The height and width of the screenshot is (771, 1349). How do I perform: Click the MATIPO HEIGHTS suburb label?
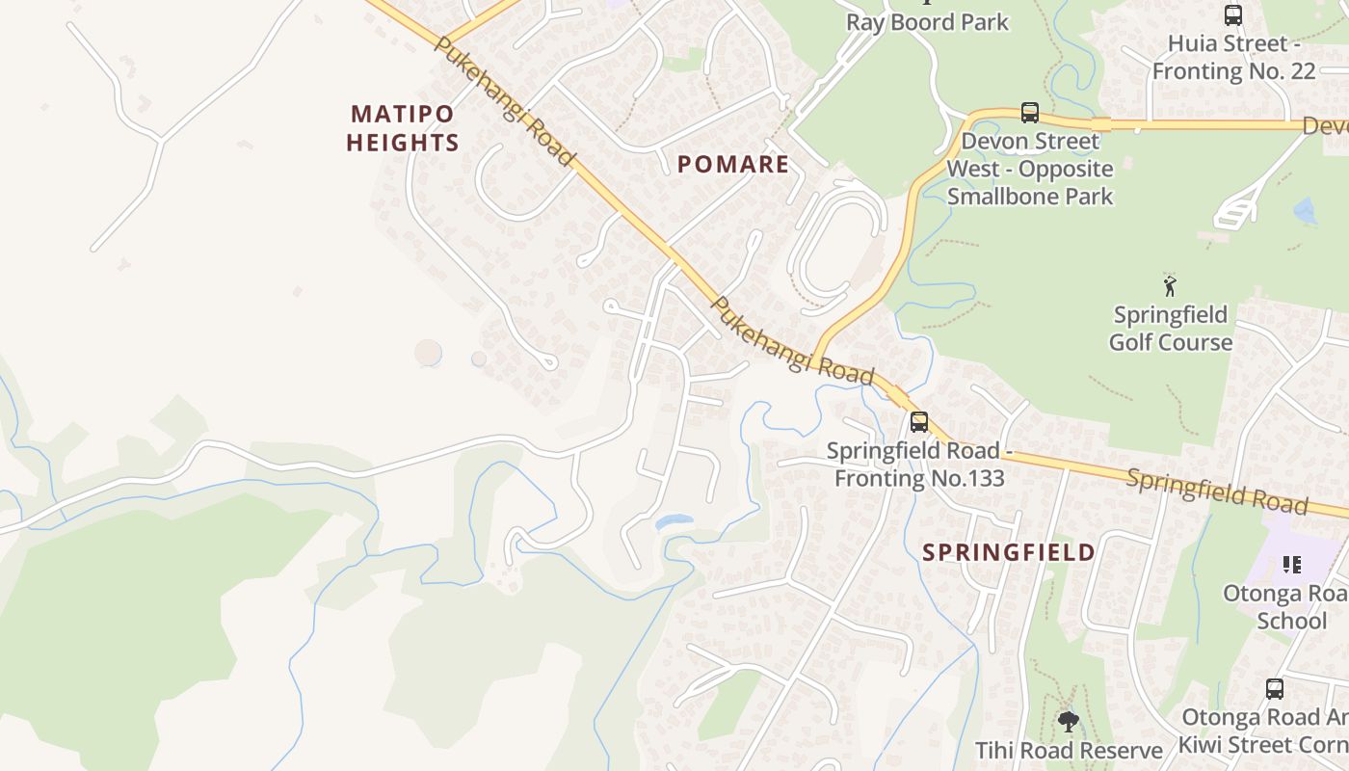tap(402, 128)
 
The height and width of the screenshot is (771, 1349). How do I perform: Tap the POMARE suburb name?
tap(732, 164)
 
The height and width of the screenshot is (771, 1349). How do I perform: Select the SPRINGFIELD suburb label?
tap(1008, 552)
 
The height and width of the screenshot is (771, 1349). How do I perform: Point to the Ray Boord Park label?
tap(927, 22)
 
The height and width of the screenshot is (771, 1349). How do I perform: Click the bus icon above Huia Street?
tap(1232, 14)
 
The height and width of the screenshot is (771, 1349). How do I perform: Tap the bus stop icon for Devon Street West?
tap(1029, 113)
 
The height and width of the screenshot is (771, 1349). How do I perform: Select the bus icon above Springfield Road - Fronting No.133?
tap(918, 421)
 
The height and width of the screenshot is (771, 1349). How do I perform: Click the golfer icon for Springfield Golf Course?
tap(1170, 285)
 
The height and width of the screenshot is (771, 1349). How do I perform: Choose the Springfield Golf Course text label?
tap(1170, 329)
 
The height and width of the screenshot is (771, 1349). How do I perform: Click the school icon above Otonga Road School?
tap(1291, 564)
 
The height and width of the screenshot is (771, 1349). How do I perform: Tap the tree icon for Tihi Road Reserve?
tap(1068, 721)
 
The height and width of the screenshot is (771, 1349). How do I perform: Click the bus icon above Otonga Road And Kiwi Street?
tap(1274, 689)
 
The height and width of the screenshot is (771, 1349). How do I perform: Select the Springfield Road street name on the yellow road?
tap(1216, 491)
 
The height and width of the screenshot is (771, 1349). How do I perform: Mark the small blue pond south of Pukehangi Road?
tap(673, 521)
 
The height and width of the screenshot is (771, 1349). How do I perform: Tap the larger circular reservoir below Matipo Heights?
tap(429, 353)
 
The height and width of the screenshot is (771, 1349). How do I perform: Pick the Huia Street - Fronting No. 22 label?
tap(1233, 57)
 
